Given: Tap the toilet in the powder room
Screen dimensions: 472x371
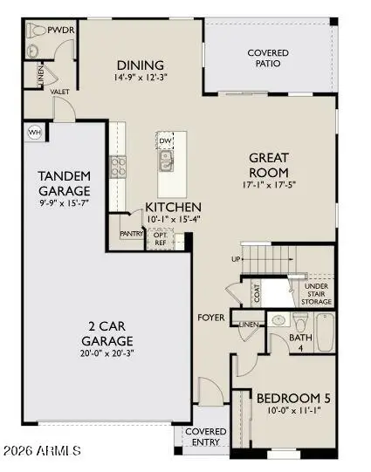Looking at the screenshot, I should (x=36, y=30).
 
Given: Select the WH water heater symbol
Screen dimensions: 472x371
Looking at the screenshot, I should (x=36, y=133).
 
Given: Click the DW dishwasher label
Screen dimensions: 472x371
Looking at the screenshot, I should (x=165, y=140).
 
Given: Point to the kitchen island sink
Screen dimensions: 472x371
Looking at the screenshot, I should (x=165, y=160).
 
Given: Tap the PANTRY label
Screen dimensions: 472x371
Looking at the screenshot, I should (x=132, y=233).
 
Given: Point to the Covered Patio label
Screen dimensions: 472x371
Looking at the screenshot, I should (x=267, y=59).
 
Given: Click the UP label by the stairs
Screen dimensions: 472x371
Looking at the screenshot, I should (x=235, y=260).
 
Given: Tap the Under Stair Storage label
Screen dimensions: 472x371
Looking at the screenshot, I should (x=317, y=295).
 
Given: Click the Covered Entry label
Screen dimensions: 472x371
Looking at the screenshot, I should (x=206, y=438).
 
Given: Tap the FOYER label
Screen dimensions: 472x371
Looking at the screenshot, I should (x=212, y=317).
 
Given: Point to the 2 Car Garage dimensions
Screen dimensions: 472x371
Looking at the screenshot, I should (x=106, y=353).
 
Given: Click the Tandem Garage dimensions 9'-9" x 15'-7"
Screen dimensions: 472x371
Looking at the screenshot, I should (x=65, y=204).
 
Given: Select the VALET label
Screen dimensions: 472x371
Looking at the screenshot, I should (x=60, y=91).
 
